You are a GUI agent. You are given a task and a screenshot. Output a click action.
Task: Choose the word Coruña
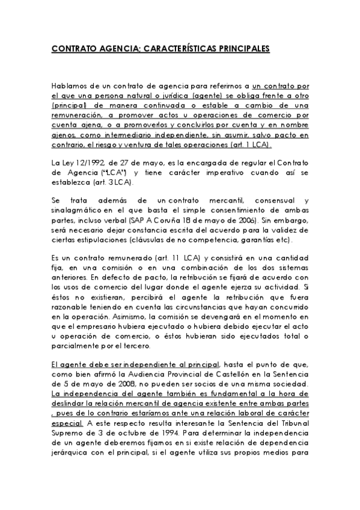tap(160, 221)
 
